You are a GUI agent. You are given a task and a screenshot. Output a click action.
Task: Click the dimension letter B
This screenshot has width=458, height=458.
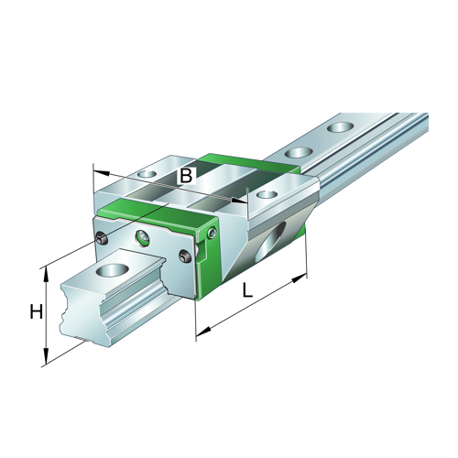(186, 175)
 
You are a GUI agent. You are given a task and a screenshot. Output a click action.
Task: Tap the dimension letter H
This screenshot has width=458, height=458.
(36, 312)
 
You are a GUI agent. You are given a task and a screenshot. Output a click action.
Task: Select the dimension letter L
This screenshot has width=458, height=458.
(247, 291)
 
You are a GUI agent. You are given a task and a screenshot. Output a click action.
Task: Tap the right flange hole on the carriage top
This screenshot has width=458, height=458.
(267, 195)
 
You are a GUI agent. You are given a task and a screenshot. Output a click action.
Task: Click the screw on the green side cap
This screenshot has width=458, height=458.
(212, 235)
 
